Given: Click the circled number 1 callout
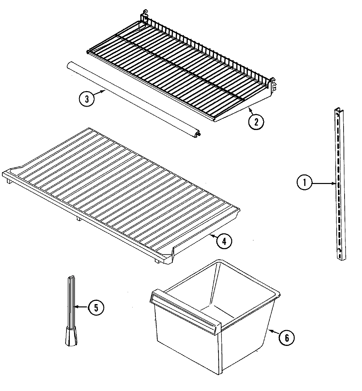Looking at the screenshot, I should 304,182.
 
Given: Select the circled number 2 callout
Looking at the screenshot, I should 256,121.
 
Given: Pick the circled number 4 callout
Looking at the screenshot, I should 224,241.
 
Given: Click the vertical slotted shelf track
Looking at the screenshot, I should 339,184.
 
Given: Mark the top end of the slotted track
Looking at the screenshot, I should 338,112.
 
